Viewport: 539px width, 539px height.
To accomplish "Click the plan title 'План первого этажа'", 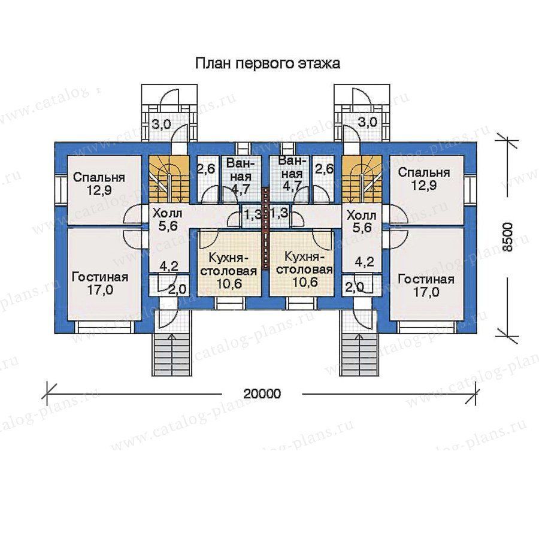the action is pyautogui.click(x=268, y=64).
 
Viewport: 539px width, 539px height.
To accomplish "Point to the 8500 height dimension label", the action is pyautogui.click(x=507, y=237).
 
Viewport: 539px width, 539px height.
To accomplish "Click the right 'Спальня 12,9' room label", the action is pyautogui.click(x=424, y=178).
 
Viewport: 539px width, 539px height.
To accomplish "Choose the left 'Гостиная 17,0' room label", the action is pyautogui.click(x=100, y=283).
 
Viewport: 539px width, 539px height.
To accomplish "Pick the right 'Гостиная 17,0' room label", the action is pyautogui.click(x=426, y=285).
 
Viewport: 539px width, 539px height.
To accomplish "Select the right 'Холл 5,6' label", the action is pyautogui.click(x=361, y=222).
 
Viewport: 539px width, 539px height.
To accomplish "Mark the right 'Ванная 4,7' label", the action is pyautogui.click(x=290, y=175).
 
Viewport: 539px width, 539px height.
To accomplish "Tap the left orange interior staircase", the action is pyautogui.click(x=169, y=179).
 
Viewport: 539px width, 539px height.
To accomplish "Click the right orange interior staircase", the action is pyautogui.click(x=362, y=179).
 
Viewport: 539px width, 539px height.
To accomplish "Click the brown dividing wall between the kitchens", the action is pyautogui.click(x=265, y=227).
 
